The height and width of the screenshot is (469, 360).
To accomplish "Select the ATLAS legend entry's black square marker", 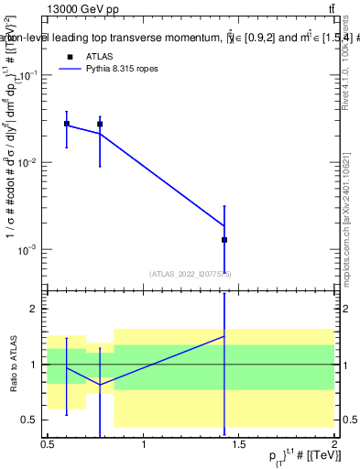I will click(71, 57).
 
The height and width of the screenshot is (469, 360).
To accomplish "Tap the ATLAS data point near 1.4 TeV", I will click(224, 239).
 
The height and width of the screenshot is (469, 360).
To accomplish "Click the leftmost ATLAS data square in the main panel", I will click(66, 123).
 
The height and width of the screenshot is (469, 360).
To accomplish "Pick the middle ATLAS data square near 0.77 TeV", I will click(100, 124).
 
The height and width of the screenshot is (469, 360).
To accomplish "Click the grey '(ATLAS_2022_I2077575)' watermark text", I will click(191, 273).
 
